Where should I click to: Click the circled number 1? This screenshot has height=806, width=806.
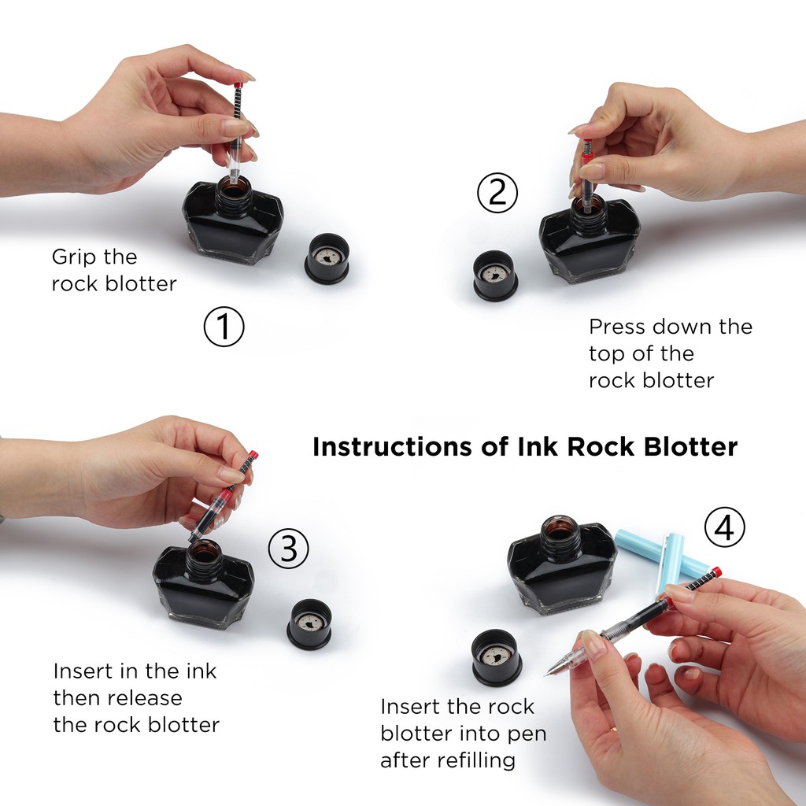(x=224, y=327)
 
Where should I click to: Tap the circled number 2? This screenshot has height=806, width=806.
(x=497, y=193)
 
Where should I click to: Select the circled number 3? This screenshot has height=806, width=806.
(x=288, y=549)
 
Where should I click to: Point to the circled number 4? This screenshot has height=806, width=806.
(x=724, y=527)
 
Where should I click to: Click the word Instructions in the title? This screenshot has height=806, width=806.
(x=392, y=447)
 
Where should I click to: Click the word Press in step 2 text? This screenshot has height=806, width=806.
(x=617, y=327)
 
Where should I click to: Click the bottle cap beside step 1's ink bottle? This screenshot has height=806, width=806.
(x=327, y=258)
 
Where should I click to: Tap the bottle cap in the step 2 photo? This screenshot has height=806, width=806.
(x=495, y=275)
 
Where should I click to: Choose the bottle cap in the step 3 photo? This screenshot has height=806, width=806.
(x=309, y=624)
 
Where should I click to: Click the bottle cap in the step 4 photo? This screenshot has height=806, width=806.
(x=497, y=657)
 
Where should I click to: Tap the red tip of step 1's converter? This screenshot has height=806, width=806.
(x=238, y=85)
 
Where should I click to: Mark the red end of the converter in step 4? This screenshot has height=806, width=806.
(x=715, y=572)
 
